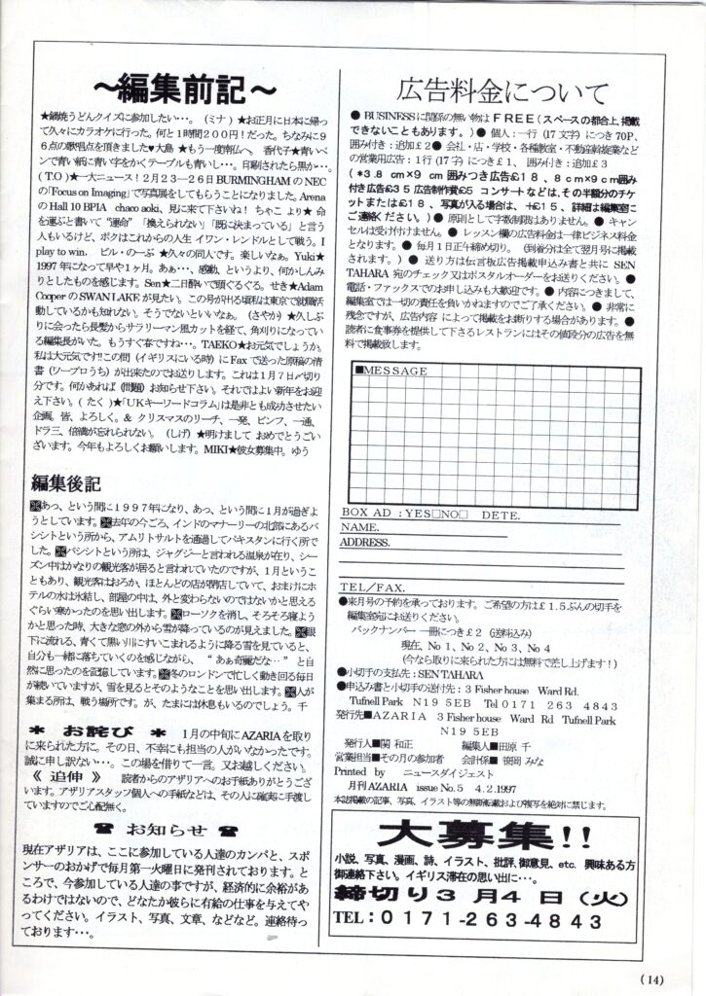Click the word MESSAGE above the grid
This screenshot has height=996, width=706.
(393, 372)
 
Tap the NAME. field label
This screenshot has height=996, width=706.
(360, 527)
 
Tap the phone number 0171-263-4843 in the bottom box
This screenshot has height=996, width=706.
(495, 919)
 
